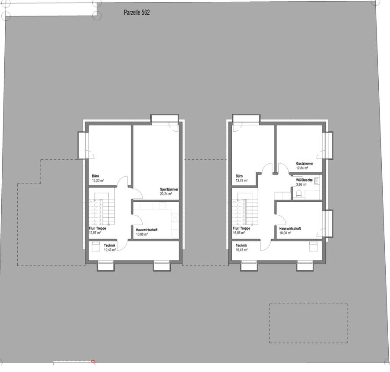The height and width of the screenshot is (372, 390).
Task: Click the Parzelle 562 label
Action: tap(137, 13)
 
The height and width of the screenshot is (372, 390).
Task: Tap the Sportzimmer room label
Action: tap(169, 189)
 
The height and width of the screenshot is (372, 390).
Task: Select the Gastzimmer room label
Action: tap(305, 164)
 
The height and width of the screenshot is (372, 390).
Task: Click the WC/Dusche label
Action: tap(304, 180)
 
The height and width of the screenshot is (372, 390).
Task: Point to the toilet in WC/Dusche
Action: tap(299, 194)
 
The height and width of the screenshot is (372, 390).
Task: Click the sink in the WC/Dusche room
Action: tap(317, 181)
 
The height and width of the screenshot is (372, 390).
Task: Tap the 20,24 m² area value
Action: tap(166, 194)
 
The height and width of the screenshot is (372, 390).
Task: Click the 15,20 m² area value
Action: tap(98, 181)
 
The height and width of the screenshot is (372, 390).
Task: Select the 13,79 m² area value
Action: tap(241, 181)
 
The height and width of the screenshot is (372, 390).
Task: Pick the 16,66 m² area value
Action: tap(239, 233)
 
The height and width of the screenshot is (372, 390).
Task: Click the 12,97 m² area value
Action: tap(95, 233)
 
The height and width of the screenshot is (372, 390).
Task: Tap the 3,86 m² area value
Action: tap(301, 184)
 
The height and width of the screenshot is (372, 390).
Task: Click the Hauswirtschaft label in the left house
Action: tap(147, 230)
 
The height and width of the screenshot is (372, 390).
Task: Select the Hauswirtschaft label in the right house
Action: tap(290, 228)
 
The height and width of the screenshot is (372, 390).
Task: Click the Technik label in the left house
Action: tap(110, 246)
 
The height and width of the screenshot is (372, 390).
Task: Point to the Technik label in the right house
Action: tap(241, 245)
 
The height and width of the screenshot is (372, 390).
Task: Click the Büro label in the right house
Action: tap(239, 176)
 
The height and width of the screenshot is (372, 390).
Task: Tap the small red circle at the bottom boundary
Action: tap(93, 361)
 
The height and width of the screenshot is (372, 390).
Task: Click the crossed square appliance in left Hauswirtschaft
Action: tap(175, 218)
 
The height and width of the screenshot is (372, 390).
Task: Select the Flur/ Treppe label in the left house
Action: tap(97, 228)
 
